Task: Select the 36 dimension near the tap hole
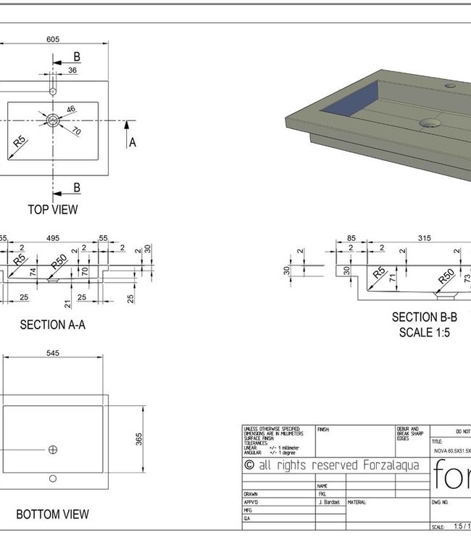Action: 72,70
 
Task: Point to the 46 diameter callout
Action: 71,110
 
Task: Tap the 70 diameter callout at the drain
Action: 76,131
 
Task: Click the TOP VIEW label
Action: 53,210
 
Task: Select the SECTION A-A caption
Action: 52,325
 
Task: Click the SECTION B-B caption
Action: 425,317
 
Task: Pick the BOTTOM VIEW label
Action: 53,514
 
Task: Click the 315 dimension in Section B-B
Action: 425,238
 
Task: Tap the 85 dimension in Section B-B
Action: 351,238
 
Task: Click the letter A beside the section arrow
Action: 133,143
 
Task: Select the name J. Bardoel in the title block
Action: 330,502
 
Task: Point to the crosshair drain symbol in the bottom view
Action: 52,450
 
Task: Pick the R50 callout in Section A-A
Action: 59,260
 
